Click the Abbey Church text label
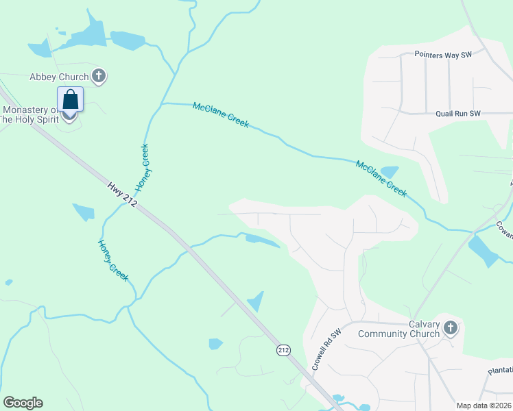(58, 77)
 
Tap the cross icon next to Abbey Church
(99, 76)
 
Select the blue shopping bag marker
(71, 100)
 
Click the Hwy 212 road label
(123, 194)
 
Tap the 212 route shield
(283, 350)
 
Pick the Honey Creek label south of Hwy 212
(112, 260)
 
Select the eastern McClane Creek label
(381, 179)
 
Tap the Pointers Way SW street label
(444, 54)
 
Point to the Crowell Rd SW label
(326, 351)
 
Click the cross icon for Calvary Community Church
(450, 328)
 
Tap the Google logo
(23, 403)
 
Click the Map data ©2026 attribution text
(484, 405)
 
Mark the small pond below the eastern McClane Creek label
(389, 171)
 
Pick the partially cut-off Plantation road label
(499, 371)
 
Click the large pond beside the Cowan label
(483, 250)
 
